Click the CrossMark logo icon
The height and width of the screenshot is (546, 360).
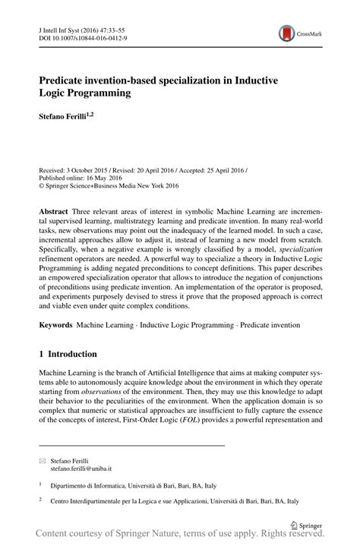click(287, 33)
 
